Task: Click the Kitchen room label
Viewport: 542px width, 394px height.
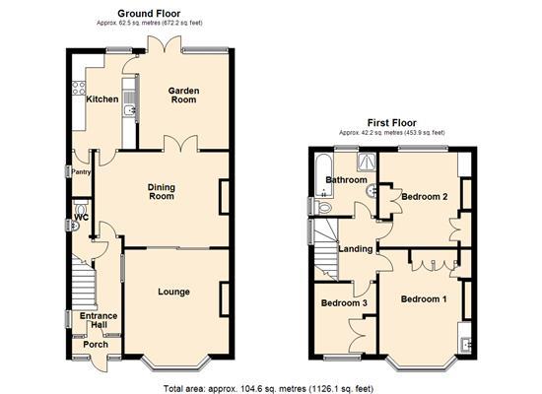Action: click(102, 98)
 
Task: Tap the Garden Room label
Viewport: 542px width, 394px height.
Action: click(182, 96)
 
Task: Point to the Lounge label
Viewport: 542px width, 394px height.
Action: click(172, 292)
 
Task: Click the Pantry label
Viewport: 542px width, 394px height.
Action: click(81, 171)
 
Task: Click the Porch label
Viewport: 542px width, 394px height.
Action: click(96, 345)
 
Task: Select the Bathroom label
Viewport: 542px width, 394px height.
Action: click(348, 180)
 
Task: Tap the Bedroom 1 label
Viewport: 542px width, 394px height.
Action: click(424, 299)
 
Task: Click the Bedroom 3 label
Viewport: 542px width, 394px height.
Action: click(344, 303)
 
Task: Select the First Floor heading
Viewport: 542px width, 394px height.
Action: click(391, 123)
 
